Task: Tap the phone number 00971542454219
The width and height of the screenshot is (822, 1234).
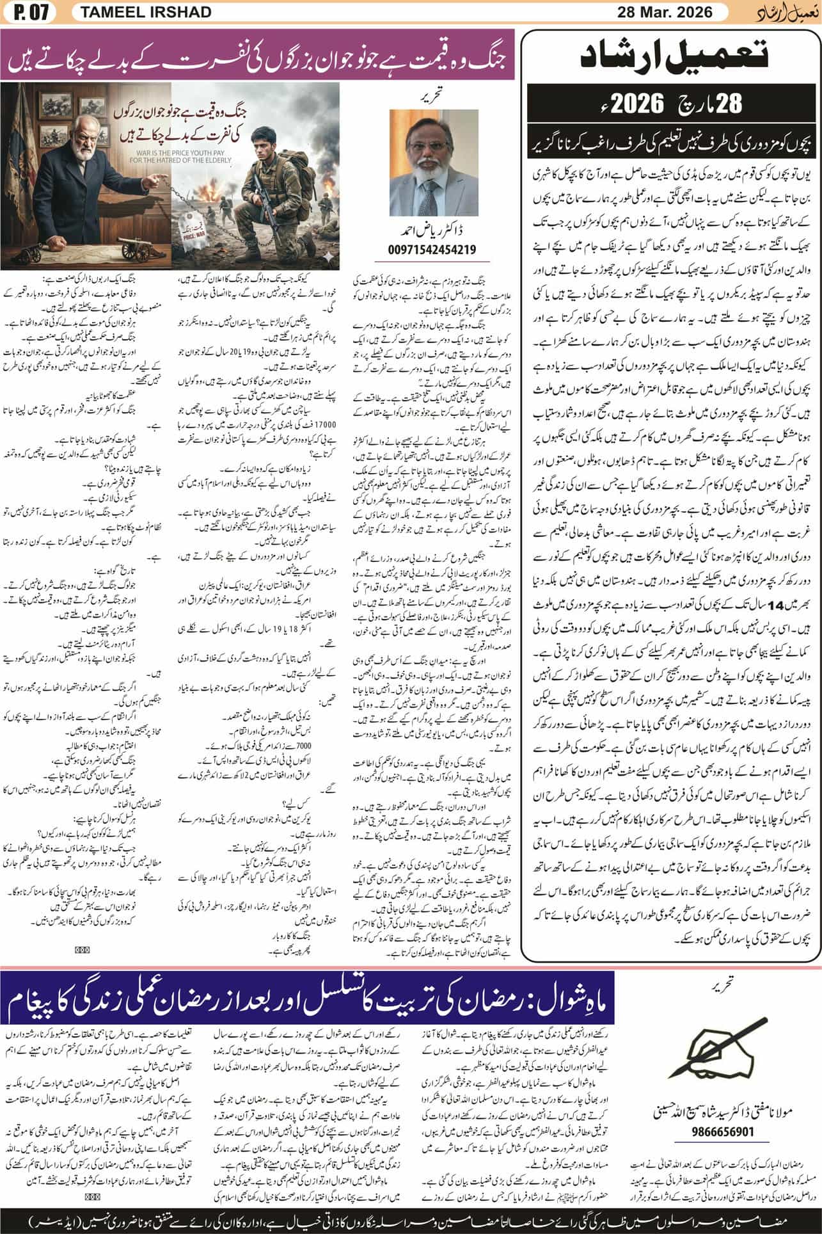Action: pyautogui.click(x=432, y=250)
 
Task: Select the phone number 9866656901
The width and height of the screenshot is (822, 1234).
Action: pyautogui.click(x=723, y=1131)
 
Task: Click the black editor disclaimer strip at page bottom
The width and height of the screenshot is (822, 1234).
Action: pyautogui.click(x=411, y=1219)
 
